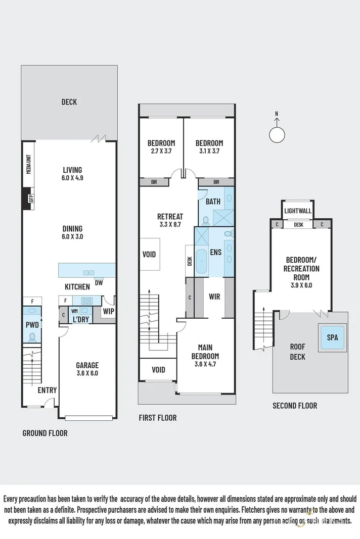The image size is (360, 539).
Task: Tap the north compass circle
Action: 277,135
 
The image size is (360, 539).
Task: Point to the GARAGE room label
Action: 87,365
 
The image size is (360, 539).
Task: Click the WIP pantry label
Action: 108,311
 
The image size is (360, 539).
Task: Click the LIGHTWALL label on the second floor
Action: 298,211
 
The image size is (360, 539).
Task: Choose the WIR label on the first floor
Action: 214,297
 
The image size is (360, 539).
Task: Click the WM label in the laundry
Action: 74,311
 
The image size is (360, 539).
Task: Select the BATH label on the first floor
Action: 213,202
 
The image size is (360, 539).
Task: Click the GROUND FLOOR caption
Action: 45,433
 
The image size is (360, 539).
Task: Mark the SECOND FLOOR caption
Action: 295,405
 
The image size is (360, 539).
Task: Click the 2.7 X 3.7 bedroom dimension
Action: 161,151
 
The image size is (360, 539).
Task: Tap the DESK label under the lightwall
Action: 298,225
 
